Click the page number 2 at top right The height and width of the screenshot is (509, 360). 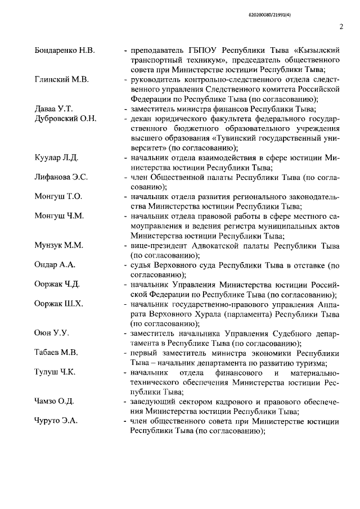coord(341,26)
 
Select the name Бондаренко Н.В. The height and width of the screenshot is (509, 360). coord(65,52)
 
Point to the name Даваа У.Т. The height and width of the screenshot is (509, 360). coord(54,107)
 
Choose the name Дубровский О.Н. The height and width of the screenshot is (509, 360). coord(66,118)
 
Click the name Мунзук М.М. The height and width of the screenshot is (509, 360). coord(59,246)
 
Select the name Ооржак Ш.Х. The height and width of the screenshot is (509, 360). coord(59,305)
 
